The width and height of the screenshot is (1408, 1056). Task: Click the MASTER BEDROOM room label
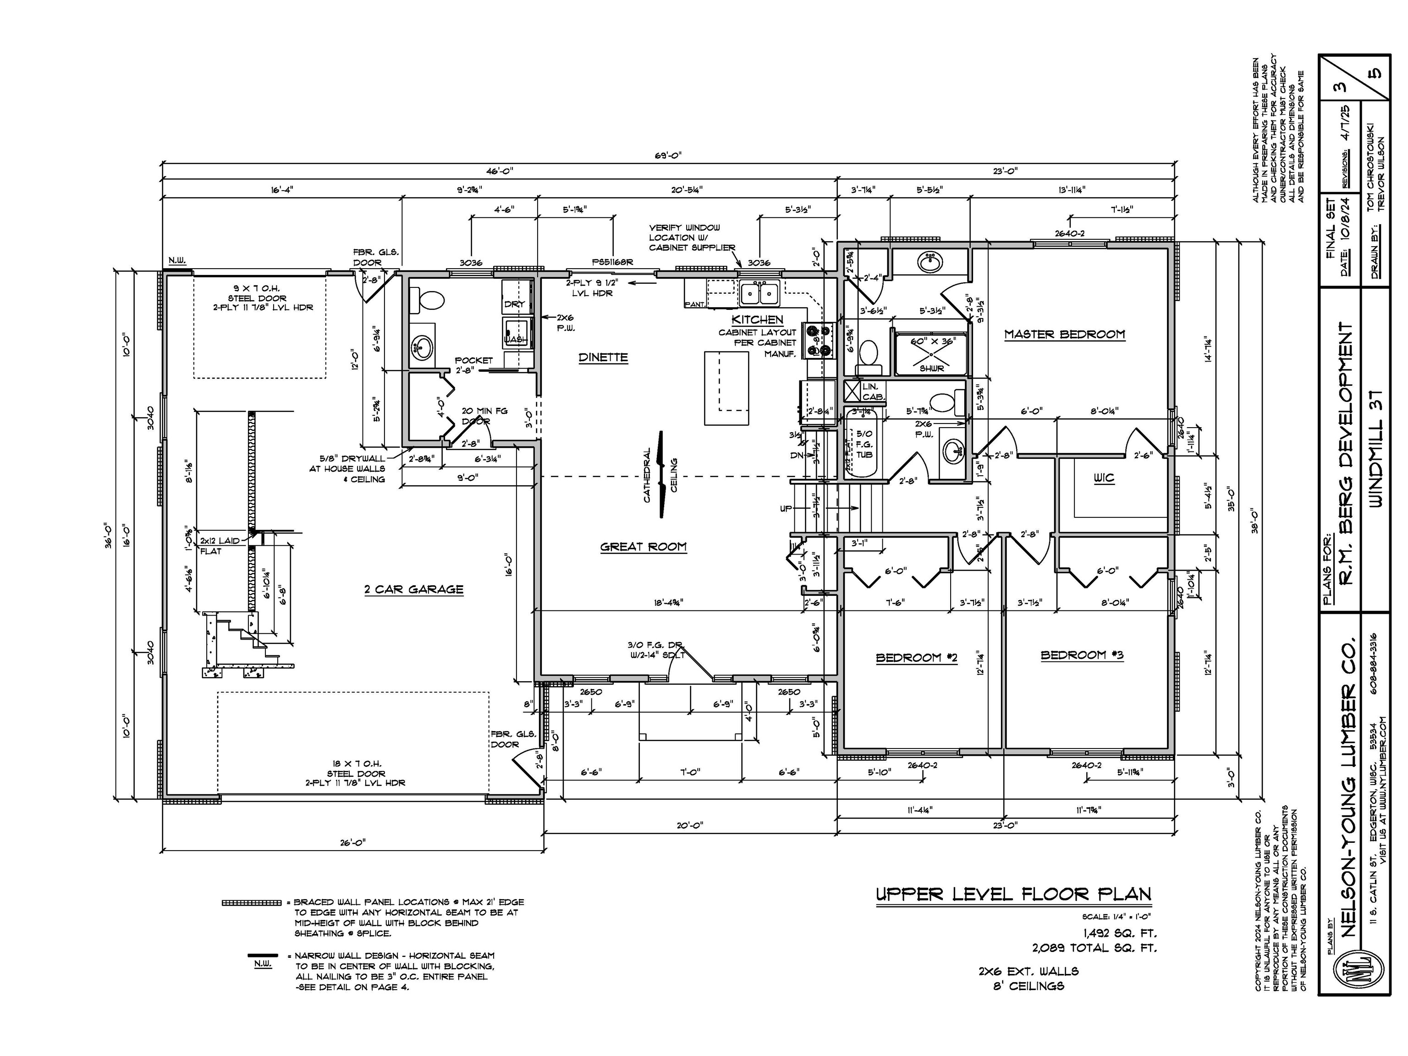point(1064,334)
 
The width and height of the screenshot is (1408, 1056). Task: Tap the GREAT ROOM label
point(643,546)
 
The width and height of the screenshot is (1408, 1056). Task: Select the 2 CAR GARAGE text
point(414,589)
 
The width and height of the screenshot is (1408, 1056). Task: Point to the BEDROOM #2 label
point(916,658)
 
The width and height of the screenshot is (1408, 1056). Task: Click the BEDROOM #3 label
point(1082,655)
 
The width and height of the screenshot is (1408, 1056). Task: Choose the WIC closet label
point(1105,478)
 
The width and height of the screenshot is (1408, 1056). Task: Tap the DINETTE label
point(603,357)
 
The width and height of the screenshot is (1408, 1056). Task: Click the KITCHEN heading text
point(757,319)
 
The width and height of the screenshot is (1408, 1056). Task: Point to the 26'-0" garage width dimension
point(352,843)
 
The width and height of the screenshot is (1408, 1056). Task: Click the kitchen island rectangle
point(727,388)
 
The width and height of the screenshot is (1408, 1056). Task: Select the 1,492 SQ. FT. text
point(1119,934)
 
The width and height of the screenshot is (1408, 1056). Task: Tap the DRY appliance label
point(514,304)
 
